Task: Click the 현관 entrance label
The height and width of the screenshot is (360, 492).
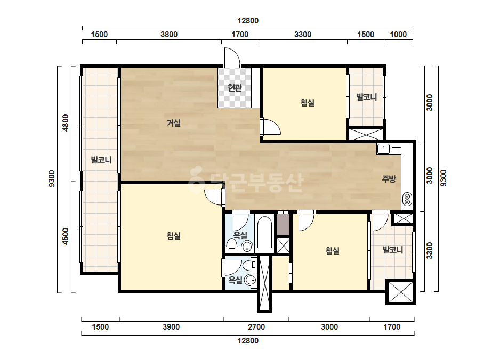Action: click(x=235, y=87)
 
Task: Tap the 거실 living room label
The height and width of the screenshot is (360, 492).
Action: click(x=174, y=123)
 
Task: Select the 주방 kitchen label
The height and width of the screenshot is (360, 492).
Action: click(x=389, y=179)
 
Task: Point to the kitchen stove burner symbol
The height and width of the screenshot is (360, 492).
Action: click(x=407, y=199)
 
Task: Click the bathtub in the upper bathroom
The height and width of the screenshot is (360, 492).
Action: click(x=264, y=232)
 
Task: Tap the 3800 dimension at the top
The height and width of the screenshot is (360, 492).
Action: click(x=169, y=35)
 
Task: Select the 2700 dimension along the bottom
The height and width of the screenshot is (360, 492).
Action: click(x=256, y=327)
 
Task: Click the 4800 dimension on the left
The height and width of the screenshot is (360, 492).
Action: click(x=65, y=123)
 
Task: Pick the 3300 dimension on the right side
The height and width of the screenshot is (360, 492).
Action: click(x=430, y=250)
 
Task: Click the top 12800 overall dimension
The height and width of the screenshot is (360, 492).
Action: click(x=248, y=21)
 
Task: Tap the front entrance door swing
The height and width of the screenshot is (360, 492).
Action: click(x=232, y=57)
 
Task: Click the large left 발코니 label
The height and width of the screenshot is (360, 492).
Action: click(x=101, y=160)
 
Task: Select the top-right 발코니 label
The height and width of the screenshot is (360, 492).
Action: click(x=367, y=97)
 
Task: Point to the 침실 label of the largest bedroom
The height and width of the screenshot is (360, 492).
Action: click(x=174, y=235)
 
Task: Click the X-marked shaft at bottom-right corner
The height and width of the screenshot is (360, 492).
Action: click(x=401, y=292)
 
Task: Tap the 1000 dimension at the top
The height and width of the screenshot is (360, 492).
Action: click(x=398, y=35)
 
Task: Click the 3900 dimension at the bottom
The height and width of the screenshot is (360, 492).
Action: click(x=171, y=327)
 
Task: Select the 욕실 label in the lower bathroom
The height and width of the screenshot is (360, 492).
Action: click(x=235, y=280)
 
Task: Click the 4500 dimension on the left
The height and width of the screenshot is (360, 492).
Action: click(x=65, y=236)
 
